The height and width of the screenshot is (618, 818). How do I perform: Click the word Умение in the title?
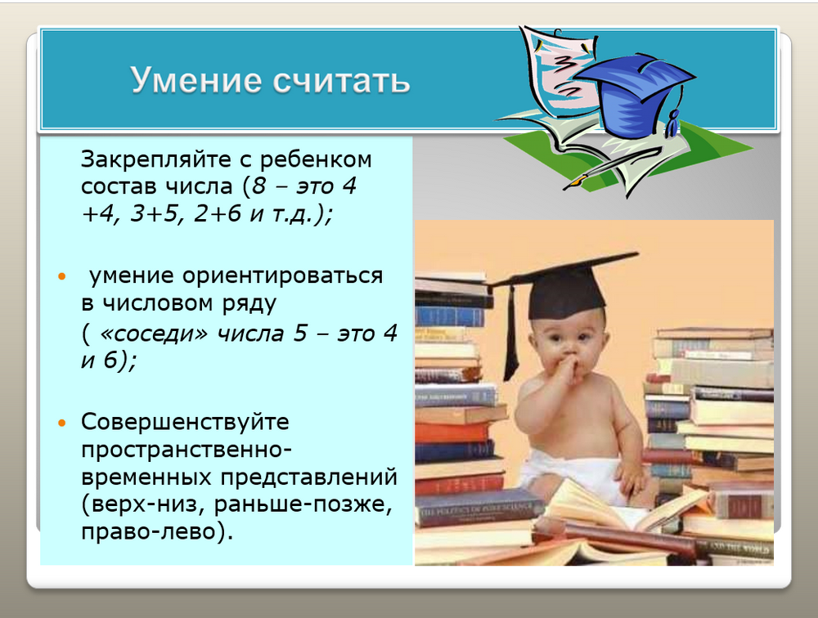pyautogui.click(x=196, y=80)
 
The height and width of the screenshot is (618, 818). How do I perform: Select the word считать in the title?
pyautogui.click(x=342, y=81)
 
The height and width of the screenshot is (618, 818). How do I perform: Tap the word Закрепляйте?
pyautogui.click(x=156, y=159)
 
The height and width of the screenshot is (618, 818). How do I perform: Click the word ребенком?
pyautogui.click(x=316, y=159)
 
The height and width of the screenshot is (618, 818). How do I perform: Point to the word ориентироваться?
pyautogui.click(x=283, y=276)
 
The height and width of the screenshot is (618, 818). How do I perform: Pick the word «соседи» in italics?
pyautogui.click(x=153, y=334)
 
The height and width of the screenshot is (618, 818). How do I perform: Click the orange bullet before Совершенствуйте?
pyautogui.click(x=62, y=423)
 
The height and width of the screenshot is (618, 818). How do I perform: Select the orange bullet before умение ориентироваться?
pyautogui.click(x=62, y=276)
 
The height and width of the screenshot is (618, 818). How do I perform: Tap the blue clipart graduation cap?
pyautogui.click(x=634, y=94)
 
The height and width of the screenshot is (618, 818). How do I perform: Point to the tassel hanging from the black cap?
pyautogui.click(x=510, y=334)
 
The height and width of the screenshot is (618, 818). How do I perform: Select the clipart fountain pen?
pyautogui.click(x=610, y=168)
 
